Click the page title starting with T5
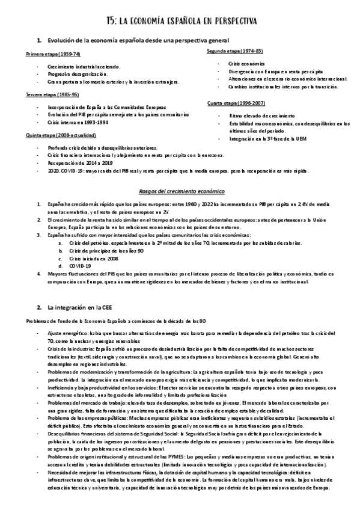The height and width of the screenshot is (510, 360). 180,22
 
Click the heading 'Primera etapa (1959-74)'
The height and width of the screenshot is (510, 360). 52,54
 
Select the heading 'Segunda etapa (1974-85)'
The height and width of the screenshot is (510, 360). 234,51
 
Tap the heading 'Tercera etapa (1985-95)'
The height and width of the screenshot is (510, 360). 52,94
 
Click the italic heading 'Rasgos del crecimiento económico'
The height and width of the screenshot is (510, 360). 180,191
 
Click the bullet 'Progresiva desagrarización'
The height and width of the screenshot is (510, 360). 77,73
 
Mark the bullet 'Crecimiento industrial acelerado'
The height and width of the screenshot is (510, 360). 84,66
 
